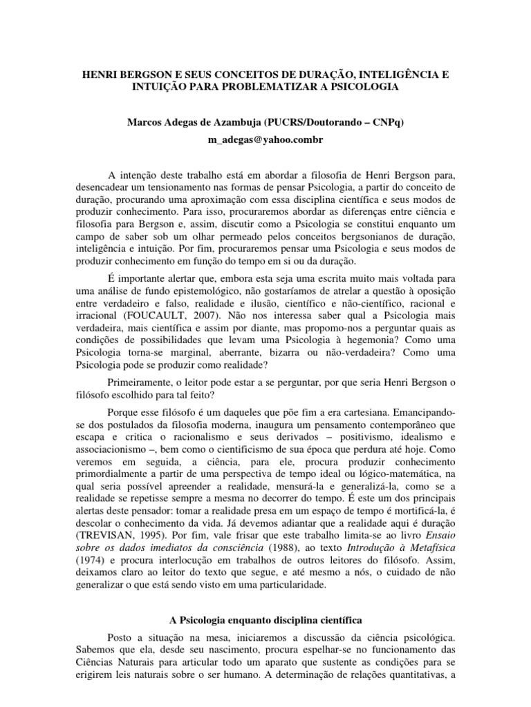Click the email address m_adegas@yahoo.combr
(x=265, y=140)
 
